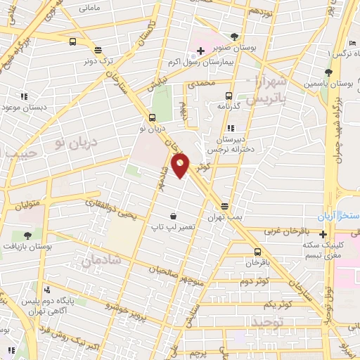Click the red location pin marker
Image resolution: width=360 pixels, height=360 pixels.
pos(181,165)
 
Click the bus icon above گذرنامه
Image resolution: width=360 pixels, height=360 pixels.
pos(228,96)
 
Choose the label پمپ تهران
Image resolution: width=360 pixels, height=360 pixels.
pos(224,217)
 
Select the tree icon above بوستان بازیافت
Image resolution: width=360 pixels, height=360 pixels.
pos(27,236)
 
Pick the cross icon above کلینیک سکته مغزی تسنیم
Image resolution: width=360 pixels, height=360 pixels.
pos(323,234)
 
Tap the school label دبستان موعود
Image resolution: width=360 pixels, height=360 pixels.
pos(24,107)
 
